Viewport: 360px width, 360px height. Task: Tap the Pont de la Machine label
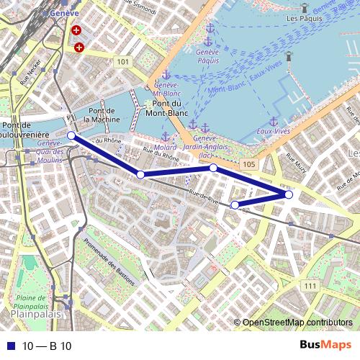point(102,115)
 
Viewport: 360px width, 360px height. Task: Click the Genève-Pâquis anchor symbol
point(210,28)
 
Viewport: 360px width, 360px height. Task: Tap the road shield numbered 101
point(123,63)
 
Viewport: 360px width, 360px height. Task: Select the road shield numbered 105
point(248,165)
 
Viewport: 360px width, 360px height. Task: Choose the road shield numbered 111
point(310,286)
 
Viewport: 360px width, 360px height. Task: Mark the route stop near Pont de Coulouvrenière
point(71,135)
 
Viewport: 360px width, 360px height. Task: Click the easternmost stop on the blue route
point(289,194)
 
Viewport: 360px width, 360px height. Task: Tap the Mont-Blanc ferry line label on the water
point(224,91)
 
